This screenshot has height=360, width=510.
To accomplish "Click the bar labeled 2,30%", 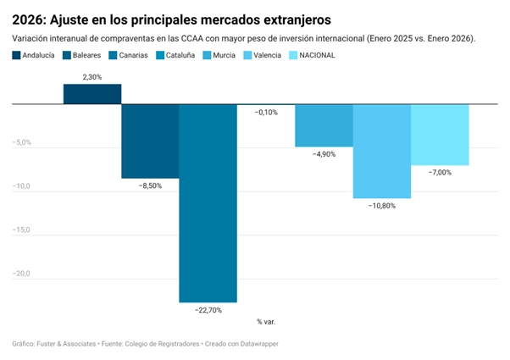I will [x=92, y=94].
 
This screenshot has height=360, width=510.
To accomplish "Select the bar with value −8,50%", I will [x=150, y=141].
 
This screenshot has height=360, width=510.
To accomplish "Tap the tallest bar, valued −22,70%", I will [x=208, y=202].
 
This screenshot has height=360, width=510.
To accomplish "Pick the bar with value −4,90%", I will [x=324, y=125].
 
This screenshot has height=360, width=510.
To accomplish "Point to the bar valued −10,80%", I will [x=381, y=151].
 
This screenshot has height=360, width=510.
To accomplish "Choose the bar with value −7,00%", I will [x=440, y=135].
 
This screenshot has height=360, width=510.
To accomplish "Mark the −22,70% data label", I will [x=208, y=310].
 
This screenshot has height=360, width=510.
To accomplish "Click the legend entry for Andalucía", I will [x=34, y=55].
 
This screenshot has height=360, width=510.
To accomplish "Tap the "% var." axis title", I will [x=265, y=322].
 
